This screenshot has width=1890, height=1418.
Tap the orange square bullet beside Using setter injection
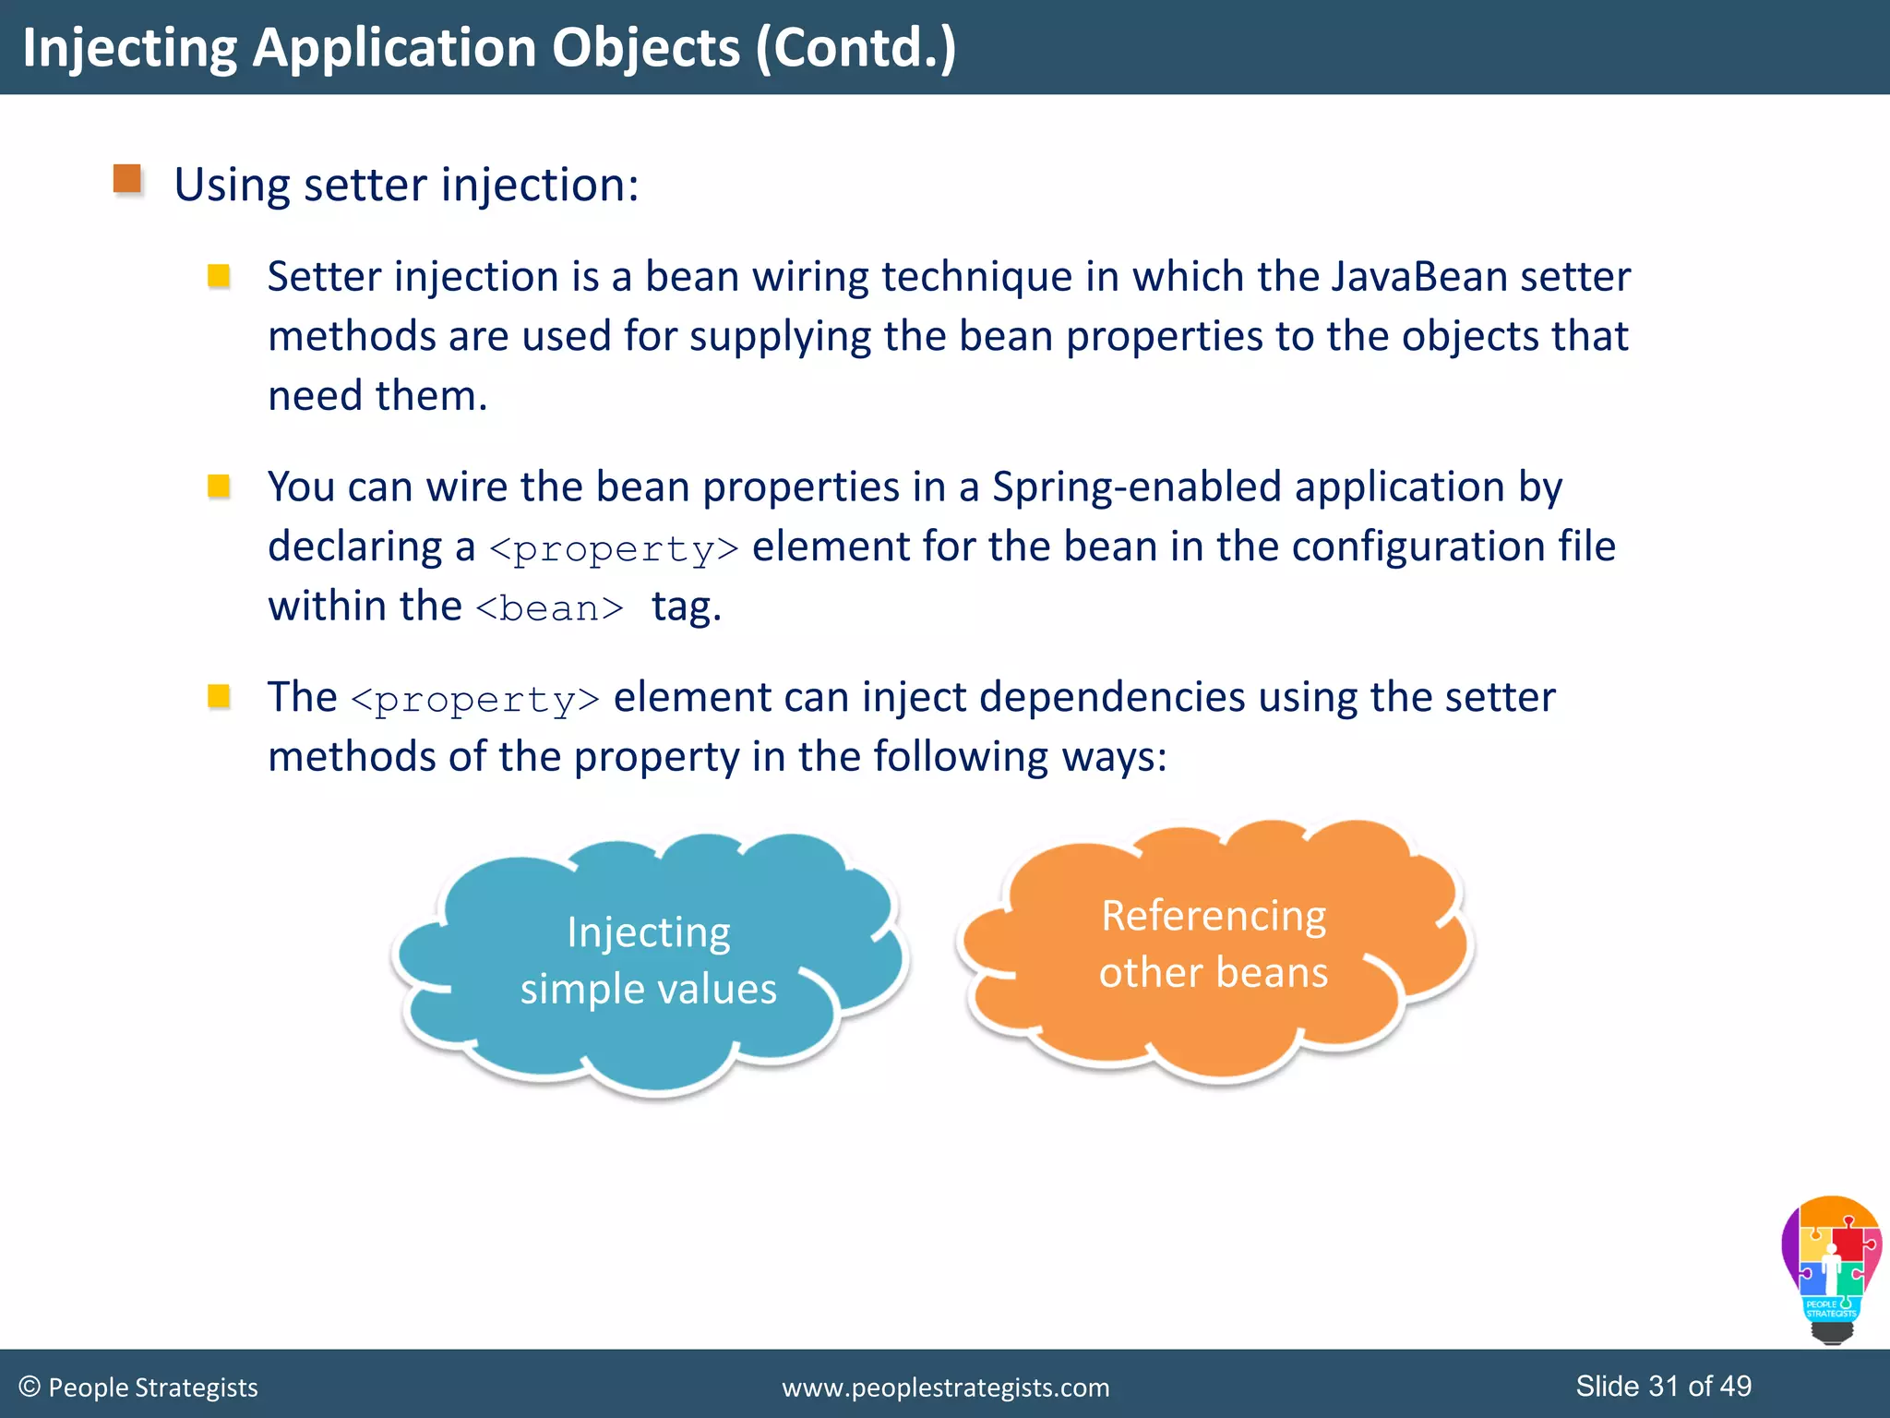(127, 179)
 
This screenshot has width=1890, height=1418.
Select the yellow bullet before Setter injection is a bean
(219, 276)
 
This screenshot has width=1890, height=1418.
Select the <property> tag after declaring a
(614, 549)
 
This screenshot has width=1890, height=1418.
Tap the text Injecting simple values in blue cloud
(649, 960)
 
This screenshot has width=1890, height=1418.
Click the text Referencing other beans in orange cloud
(1214, 943)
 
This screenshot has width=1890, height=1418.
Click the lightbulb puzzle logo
(1831, 1269)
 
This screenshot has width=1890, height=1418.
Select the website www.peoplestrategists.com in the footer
(946, 1388)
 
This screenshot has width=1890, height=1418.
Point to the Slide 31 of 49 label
(1663, 1386)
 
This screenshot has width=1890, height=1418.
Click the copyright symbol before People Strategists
(30, 1387)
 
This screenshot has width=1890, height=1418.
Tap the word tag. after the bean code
(687, 607)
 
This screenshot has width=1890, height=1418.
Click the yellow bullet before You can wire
(219, 486)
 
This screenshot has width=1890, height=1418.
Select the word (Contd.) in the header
(855, 48)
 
